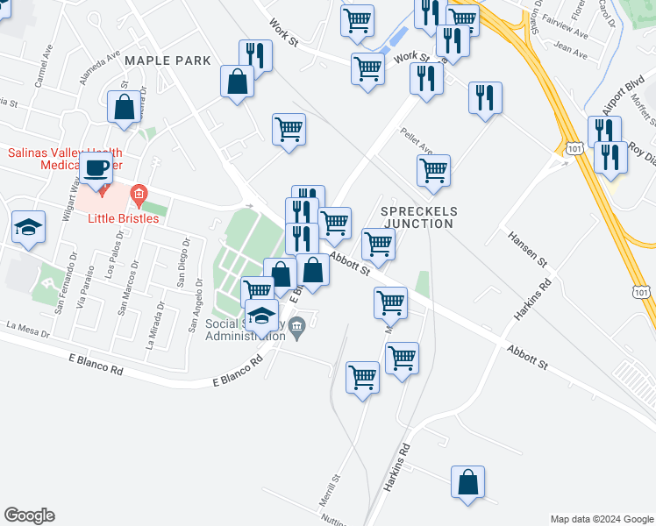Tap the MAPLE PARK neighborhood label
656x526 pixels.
[168, 60]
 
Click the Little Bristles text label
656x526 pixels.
[123, 218]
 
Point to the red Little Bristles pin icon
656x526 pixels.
[137, 193]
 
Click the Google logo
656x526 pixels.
[29, 515]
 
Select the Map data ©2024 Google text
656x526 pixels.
[602, 518]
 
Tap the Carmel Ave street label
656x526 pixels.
[39, 75]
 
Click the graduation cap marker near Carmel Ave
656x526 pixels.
[28, 227]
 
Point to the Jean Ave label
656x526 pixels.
[572, 53]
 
